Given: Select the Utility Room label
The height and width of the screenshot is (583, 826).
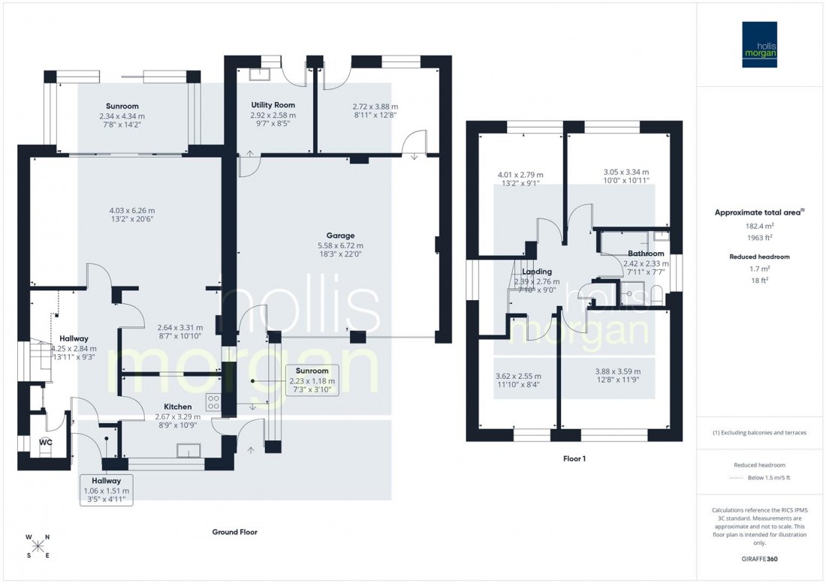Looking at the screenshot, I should pos(273,105).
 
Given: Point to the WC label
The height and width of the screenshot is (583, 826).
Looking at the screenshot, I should pos(46,443).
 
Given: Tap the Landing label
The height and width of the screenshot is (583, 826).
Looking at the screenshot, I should pos(536,272).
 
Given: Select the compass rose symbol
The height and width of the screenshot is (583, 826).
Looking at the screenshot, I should pos(38,546).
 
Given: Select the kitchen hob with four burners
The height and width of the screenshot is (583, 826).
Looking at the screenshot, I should pos(213,402).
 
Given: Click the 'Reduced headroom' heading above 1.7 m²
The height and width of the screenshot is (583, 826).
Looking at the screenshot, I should pos(759,257).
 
